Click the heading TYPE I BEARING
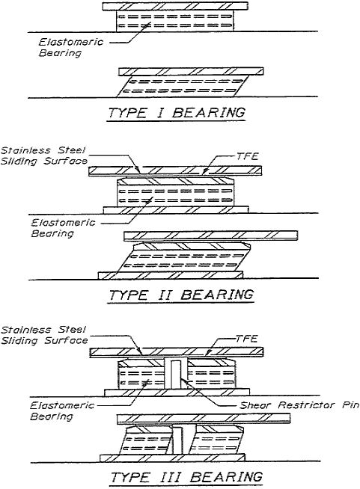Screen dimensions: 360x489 click(x=177, y=112)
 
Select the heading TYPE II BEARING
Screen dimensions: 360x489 click(x=181, y=295)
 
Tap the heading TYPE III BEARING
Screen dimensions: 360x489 click(x=186, y=477)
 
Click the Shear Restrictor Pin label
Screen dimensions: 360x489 click(x=299, y=405)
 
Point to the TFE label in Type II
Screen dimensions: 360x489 click(x=247, y=156)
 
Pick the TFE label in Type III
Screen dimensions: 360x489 click(x=247, y=338)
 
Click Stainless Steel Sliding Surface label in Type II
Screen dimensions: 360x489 click(x=43, y=156)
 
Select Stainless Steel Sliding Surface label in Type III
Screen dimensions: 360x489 click(x=44, y=335)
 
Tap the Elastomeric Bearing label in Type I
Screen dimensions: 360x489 click(x=70, y=47)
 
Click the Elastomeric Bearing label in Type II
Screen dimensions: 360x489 click(x=63, y=228)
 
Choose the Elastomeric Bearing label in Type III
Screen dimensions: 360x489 click(x=62, y=410)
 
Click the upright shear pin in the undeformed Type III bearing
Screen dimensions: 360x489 click(x=175, y=375)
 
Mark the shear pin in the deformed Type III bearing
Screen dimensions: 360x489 click(x=177, y=440)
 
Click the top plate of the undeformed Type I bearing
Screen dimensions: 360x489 click(x=175, y=6)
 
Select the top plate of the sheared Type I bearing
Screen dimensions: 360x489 click(x=191, y=72)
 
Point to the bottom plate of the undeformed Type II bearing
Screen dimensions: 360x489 click(x=176, y=209)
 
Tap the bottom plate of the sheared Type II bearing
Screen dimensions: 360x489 click(x=171, y=275)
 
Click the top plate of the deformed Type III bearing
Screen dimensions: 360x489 click(x=204, y=419)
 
